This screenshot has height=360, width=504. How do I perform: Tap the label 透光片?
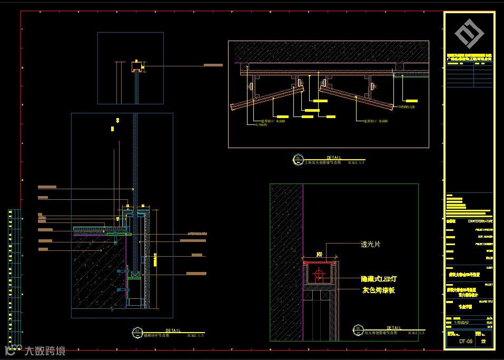[371, 244]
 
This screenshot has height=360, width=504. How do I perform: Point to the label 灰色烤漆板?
[378, 290]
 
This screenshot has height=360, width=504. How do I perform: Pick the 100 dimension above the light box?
[319, 254]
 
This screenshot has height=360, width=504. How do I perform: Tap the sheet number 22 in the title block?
[484, 342]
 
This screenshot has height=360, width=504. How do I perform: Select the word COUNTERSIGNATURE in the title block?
[480, 221]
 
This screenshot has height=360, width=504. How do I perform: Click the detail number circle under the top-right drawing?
[299, 158]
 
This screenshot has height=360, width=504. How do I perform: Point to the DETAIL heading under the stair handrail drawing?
[173, 330]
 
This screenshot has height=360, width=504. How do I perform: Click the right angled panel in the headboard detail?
[357, 100]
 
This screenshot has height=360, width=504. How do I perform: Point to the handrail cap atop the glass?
[137, 66]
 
